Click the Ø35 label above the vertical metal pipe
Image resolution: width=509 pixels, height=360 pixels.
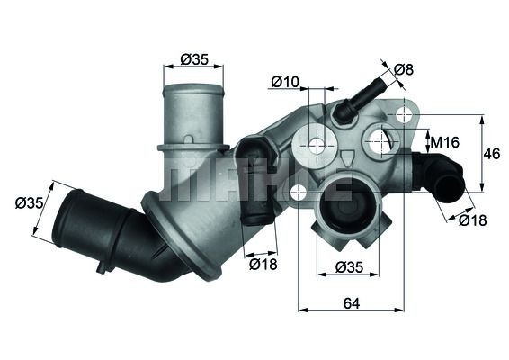tap(194, 59)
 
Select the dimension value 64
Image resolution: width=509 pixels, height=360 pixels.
tap(351, 303)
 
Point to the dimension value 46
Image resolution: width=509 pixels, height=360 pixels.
tap(491, 153)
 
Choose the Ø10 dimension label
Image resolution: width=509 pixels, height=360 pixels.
tap(284, 83)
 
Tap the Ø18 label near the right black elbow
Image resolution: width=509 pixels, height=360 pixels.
tap(472, 220)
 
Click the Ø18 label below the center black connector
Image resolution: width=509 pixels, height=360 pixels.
tap(263, 264)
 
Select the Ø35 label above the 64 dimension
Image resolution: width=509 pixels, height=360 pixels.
tap(349, 266)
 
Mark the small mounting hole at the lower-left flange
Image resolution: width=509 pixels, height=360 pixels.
tap(298, 191)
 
